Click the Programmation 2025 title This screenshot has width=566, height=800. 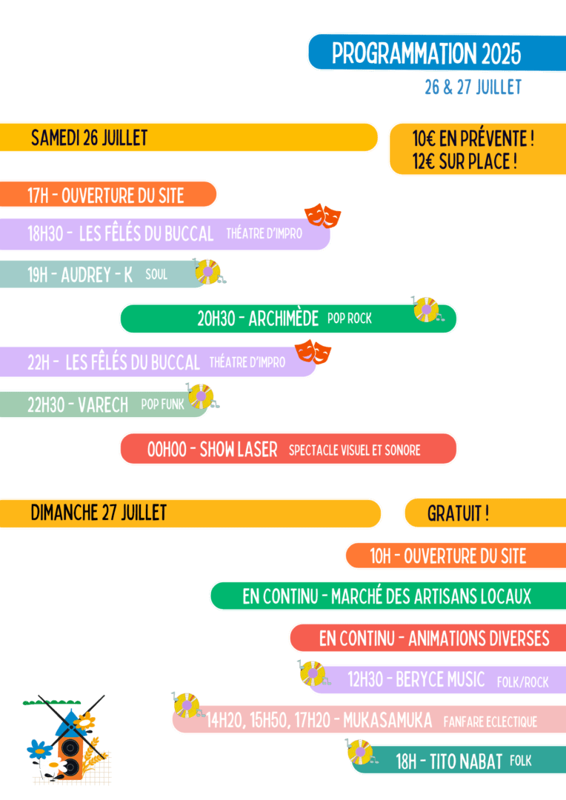point(426,53)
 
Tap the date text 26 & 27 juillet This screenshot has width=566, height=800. point(473,87)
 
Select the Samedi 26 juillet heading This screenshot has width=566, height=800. point(89,138)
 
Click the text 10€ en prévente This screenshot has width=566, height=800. point(473,138)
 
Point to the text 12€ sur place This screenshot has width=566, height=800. point(464,161)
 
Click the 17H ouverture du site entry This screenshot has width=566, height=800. point(105,196)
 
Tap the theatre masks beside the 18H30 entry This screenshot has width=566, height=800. point(323,216)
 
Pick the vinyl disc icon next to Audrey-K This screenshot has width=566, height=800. point(207,272)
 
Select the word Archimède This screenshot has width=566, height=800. point(284,319)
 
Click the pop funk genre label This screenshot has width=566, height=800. point(162,404)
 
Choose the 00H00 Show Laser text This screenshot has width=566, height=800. point(212,449)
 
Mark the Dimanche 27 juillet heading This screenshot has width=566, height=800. point(99,513)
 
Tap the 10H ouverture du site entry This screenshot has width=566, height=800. point(447,556)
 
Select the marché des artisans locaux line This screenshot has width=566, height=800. point(387,596)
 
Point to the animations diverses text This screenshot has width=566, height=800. point(479,638)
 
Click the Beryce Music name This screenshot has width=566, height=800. point(440,679)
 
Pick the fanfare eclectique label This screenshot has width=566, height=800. point(490,721)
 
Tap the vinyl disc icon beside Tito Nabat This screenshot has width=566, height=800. point(360,752)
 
